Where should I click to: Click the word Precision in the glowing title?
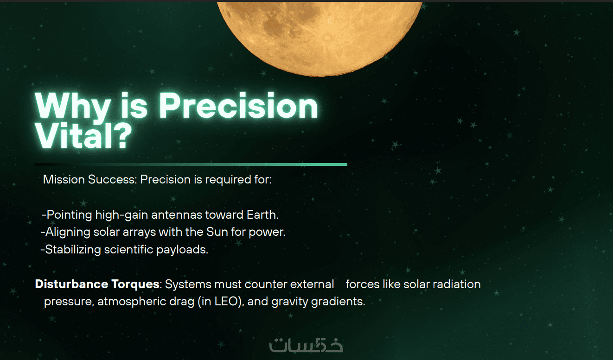238,106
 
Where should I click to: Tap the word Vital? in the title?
83,135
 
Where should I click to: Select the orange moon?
319,38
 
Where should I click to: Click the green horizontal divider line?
191,164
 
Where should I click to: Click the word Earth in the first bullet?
262,215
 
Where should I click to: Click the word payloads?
182,250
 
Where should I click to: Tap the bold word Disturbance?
70,284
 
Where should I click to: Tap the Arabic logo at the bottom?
306,345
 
